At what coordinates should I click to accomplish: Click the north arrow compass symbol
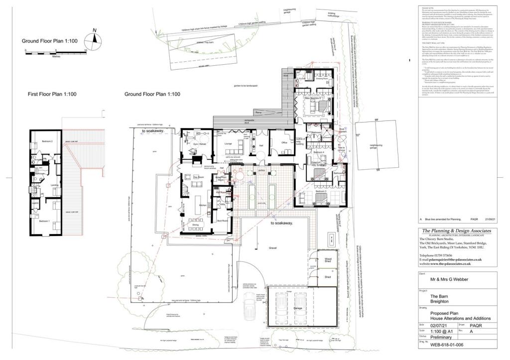95,39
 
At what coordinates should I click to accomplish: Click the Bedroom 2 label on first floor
47,141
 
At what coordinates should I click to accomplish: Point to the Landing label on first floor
55,184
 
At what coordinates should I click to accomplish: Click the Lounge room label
229,144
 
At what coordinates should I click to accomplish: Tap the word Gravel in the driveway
272,247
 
